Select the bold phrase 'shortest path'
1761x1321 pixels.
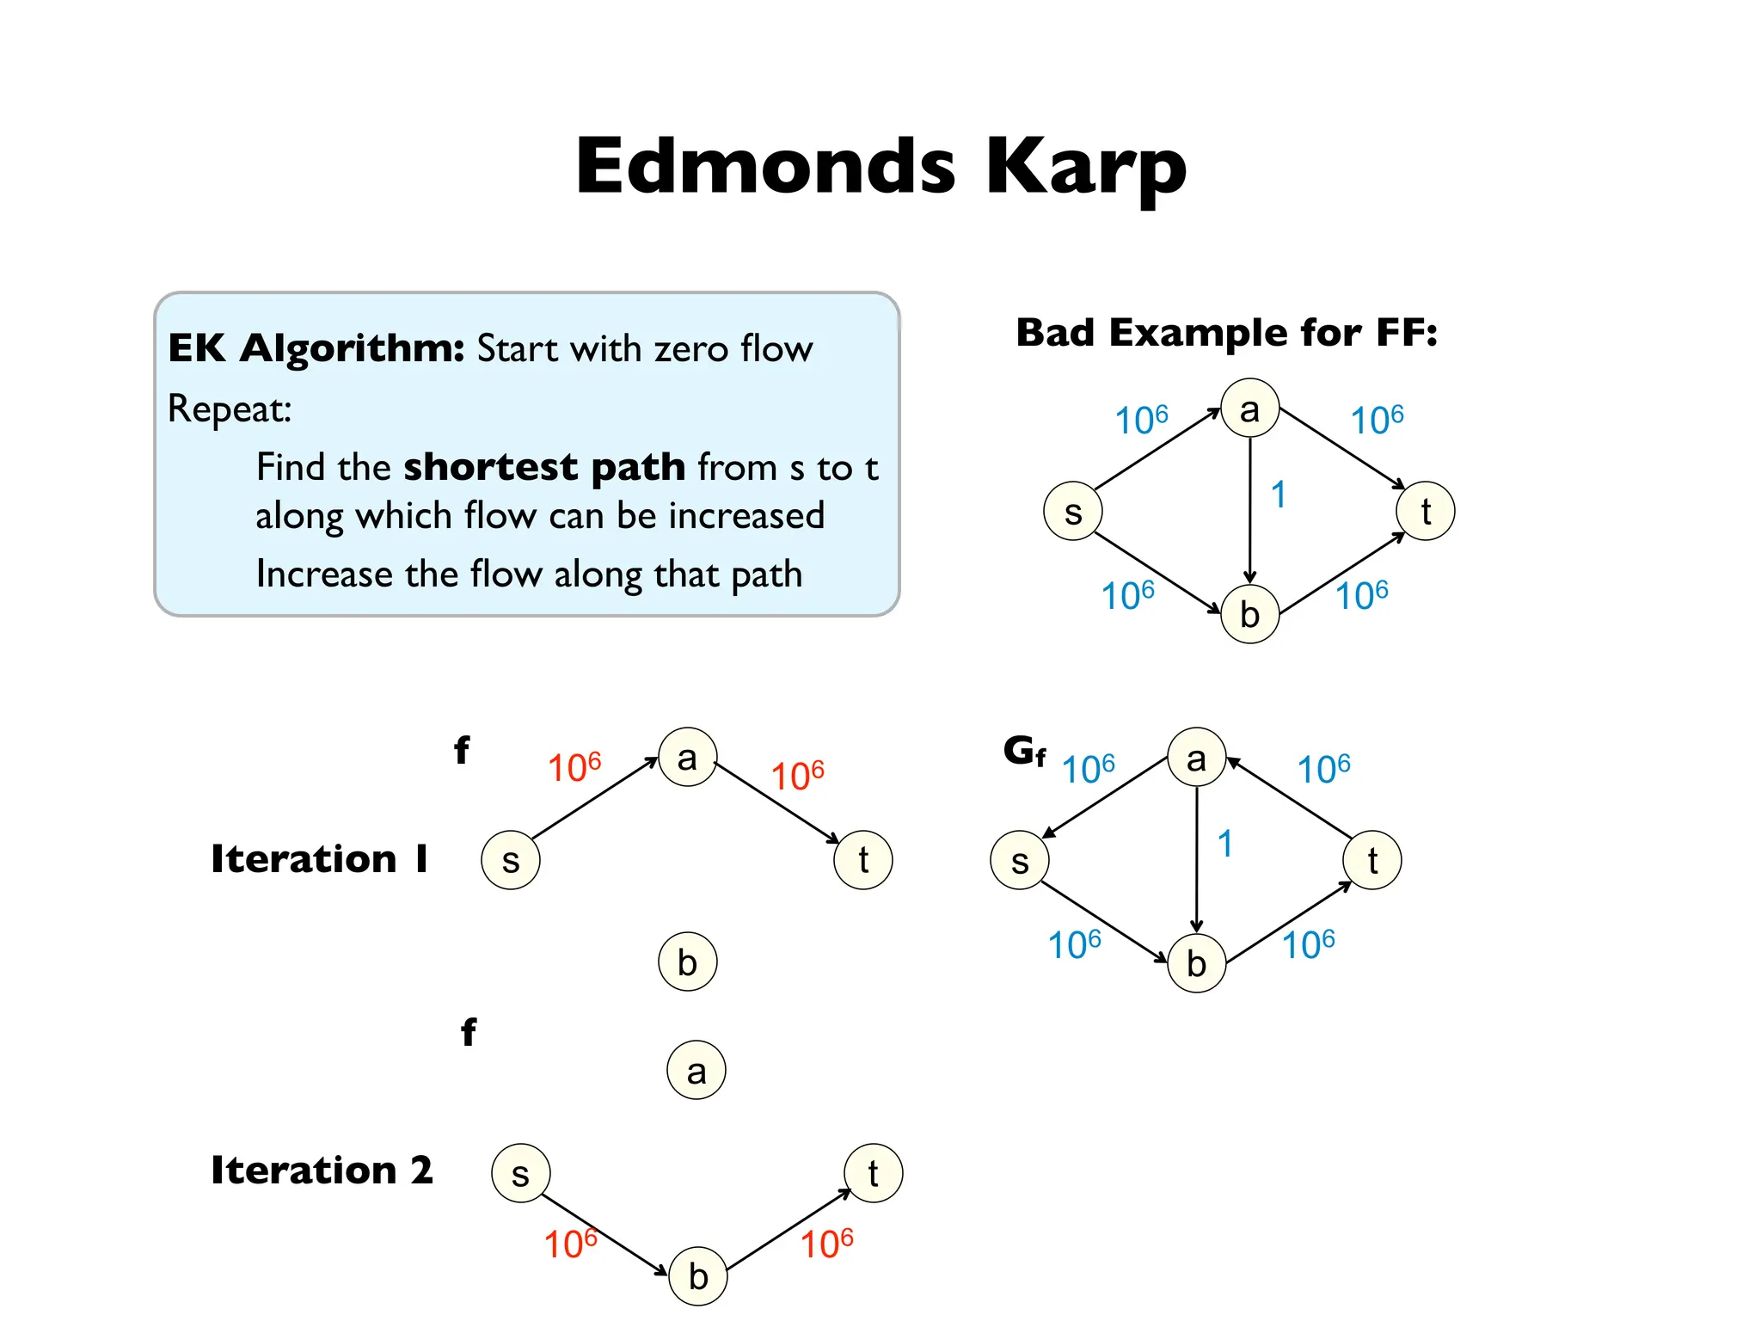coord(544,467)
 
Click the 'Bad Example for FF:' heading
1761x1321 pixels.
coord(1226,333)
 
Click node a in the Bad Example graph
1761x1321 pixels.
coord(1250,409)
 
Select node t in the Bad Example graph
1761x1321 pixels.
coord(1426,511)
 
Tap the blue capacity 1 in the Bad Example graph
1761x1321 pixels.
coord(1279,495)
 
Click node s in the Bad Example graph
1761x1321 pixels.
coord(1073,512)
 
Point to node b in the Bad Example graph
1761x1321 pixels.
coord(1250,614)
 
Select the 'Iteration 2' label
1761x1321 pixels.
coord(322,1170)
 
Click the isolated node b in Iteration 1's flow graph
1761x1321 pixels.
coord(688,962)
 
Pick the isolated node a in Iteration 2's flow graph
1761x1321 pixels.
coord(696,1071)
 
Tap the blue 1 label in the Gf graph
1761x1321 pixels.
coord(1225,844)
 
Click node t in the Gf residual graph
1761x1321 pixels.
coord(1372,860)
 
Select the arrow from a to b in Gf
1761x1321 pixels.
coord(1197,860)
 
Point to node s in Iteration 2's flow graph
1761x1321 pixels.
coord(521,1173)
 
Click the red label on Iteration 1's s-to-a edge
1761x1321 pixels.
coord(574,767)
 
